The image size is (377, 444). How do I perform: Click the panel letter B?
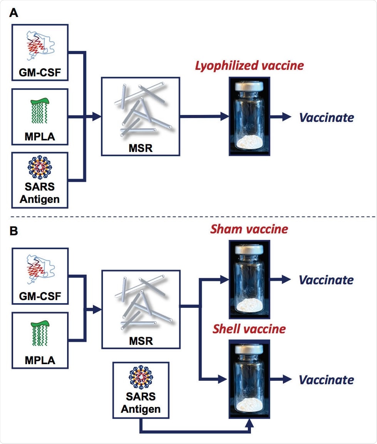(14, 233)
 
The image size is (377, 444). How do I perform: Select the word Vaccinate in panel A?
(326, 117)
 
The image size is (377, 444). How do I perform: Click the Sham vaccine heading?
(249, 229)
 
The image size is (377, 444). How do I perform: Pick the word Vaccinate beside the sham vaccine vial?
(326, 280)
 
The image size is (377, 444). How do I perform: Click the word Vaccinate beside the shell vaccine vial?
(326, 380)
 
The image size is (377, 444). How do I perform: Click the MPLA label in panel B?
(40, 361)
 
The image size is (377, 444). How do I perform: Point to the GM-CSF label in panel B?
(40, 297)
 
